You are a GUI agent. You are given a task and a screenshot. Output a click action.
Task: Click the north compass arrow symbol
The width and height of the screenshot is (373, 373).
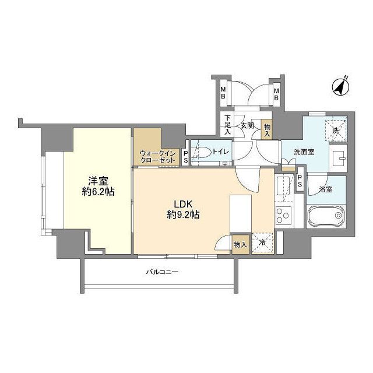click(x=340, y=86)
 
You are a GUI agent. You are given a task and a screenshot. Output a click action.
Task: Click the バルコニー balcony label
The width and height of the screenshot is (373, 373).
click(x=161, y=272)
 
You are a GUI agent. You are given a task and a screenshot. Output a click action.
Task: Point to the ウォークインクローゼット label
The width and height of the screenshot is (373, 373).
click(x=157, y=157)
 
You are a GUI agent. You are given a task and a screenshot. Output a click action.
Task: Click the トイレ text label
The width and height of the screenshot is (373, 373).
click(x=220, y=152)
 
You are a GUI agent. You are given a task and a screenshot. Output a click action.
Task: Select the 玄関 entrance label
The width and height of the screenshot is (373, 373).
click(x=246, y=125)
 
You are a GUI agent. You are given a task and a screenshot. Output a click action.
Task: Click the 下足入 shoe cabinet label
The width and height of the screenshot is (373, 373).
click(x=228, y=125)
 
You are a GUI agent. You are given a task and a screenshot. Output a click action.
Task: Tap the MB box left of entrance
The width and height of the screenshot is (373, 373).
click(x=223, y=92)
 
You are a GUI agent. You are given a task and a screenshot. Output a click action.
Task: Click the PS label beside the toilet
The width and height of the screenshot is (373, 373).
click(x=185, y=155)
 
